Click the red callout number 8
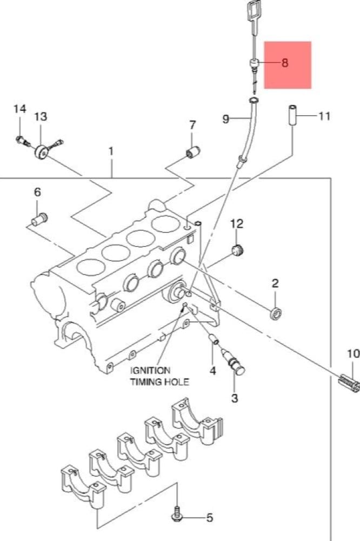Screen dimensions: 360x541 [284, 63]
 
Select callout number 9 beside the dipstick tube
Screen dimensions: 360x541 [226, 120]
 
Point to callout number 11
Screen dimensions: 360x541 [324, 116]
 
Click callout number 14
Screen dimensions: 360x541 [19, 109]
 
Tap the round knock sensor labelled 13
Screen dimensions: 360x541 [42, 152]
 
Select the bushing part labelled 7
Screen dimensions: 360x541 [193, 152]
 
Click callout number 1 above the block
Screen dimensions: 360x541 [111, 151]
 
